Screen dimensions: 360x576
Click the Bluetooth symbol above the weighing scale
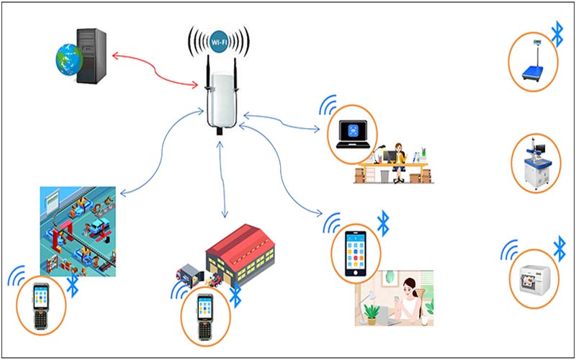point(557,32)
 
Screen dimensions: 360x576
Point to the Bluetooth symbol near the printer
point(559,248)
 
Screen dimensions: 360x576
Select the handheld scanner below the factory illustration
point(40,306)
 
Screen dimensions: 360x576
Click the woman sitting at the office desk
point(398,158)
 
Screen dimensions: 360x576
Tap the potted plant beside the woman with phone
point(372,312)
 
